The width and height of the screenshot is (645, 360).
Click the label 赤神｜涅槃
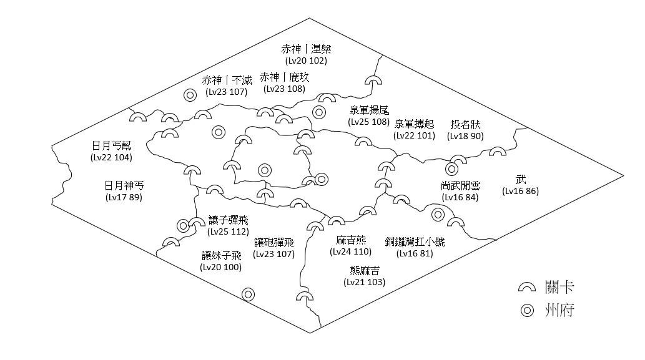coord(306,49)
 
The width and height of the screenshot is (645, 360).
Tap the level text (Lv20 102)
coord(306,61)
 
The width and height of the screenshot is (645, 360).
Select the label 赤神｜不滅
coord(227,80)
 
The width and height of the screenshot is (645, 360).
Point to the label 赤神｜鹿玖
coord(284,77)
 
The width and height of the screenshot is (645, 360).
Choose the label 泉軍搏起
coord(414,124)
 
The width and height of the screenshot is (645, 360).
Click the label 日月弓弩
coord(112,146)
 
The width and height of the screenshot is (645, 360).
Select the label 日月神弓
coord(124,186)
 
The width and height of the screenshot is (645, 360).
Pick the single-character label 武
coord(521,180)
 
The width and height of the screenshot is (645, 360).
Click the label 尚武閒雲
coord(461,186)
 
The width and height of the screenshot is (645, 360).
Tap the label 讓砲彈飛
coord(273,243)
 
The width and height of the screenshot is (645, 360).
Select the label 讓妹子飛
coord(221,255)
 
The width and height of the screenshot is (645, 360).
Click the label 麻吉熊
coord(350,240)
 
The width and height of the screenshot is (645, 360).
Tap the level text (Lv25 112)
coord(228,232)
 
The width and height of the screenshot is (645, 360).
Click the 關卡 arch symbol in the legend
coord(528,288)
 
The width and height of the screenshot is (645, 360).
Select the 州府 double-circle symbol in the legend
coord(528,310)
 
